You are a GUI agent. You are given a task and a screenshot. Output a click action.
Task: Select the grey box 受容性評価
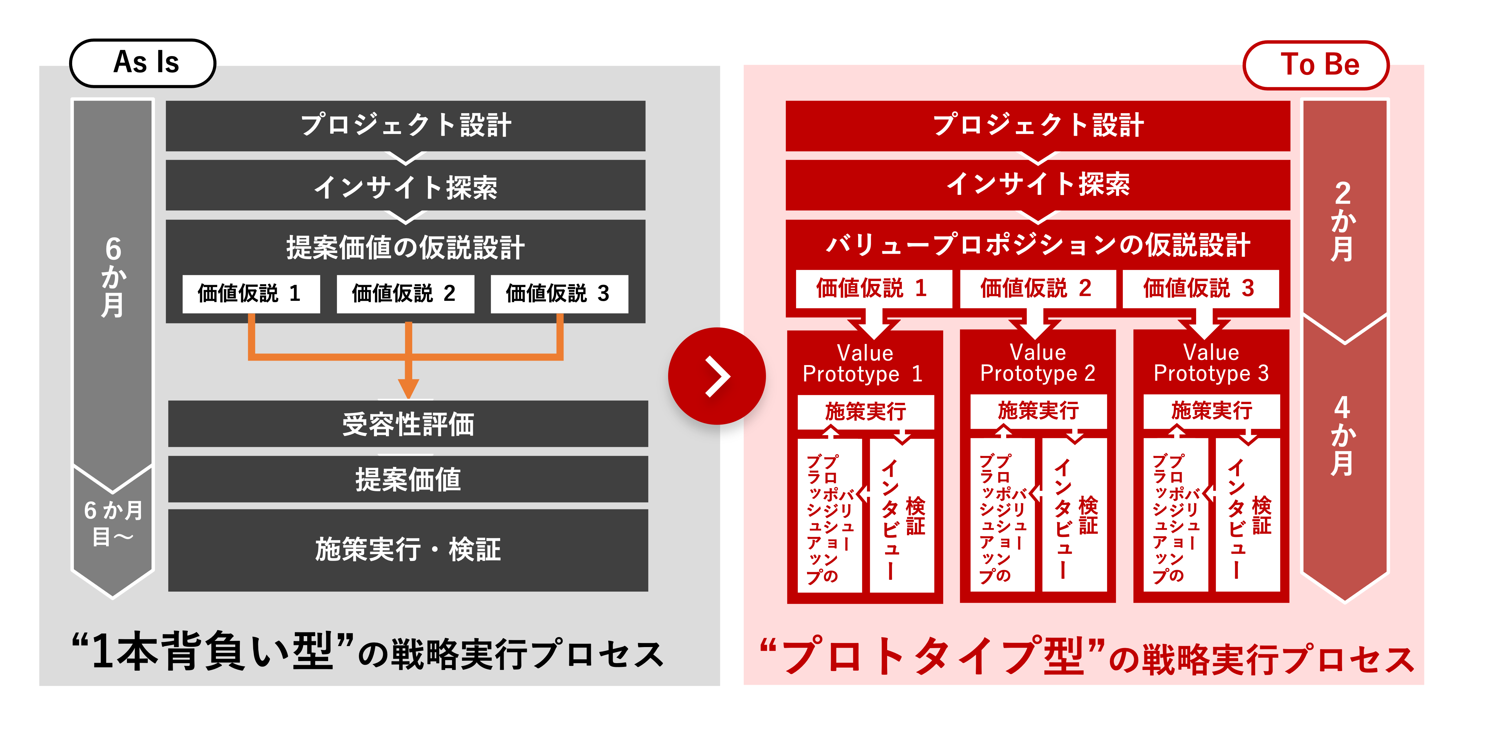pyautogui.click(x=408, y=424)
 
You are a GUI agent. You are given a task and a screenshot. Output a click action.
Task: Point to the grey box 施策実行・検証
pyautogui.click(x=408, y=550)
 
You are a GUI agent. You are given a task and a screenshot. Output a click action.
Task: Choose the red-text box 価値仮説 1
pyautogui.click(x=873, y=288)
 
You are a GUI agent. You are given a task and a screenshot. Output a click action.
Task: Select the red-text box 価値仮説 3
pyautogui.click(x=1201, y=288)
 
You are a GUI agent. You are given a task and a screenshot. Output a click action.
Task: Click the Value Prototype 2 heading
pyautogui.click(x=1038, y=363)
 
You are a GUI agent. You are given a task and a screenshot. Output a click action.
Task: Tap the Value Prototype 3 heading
pyautogui.click(x=1211, y=363)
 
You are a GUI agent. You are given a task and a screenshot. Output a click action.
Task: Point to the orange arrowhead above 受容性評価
pyautogui.click(x=409, y=388)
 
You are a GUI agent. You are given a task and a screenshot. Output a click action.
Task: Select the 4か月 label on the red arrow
pyautogui.click(x=1343, y=435)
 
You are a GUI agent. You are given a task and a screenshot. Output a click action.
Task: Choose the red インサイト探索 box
pyautogui.click(x=1038, y=185)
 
